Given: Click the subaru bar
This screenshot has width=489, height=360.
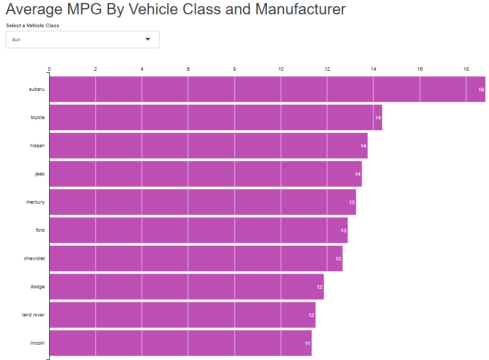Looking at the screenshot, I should point(267,89).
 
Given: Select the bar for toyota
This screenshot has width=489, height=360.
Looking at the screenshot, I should point(216,117).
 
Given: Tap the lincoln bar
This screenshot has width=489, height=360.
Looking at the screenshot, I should point(180,343).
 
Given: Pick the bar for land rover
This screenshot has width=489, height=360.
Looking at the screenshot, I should point(182,315).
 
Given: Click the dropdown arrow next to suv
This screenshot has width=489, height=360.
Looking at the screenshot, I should point(148,39).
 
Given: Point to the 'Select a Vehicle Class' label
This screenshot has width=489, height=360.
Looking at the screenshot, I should point(32,26).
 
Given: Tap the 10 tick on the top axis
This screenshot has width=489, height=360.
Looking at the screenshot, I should point(281,69).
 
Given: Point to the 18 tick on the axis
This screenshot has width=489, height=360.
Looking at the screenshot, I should point(466,69).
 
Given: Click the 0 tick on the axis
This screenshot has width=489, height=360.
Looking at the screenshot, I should point(49,69).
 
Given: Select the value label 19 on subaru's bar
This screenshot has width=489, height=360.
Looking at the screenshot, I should point(481,90).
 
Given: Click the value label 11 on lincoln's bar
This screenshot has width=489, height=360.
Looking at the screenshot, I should point(307,344).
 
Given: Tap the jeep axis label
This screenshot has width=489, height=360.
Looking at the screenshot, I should point(40,174).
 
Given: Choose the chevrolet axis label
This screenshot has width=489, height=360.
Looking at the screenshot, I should point(34,258).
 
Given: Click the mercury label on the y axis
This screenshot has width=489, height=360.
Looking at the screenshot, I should point(35,202).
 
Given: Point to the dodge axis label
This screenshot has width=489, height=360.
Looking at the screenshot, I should point(37,287).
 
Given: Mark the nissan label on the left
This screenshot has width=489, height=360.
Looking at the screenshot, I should point(37,146).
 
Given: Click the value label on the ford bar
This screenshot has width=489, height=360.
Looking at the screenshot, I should point(343,231).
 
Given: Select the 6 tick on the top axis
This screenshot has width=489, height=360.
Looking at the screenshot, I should point(188,69).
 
